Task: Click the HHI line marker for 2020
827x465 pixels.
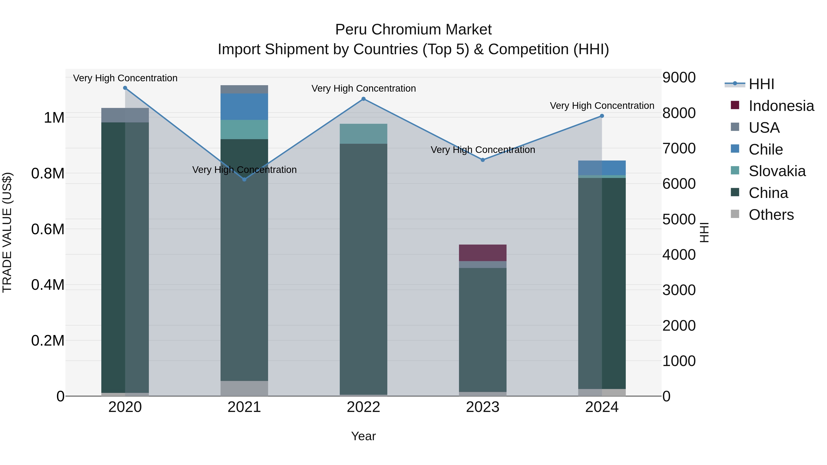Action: point(125,88)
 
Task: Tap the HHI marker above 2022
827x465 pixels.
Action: point(363,99)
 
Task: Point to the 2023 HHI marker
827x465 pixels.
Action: point(482,160)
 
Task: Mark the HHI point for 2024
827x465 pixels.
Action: point(602,116)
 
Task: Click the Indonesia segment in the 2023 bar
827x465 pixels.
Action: point(482,253)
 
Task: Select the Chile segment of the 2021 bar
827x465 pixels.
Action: point(244,107)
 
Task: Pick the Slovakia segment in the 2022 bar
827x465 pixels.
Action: point(363,134)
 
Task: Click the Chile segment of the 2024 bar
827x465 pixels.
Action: point(602,168)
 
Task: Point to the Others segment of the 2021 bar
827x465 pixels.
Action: point(244,388)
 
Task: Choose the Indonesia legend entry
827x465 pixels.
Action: point(781,106)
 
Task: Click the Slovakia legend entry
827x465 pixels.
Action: point(777,171)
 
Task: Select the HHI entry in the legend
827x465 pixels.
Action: point(761,84)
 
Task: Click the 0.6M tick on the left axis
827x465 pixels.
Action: point(48,229)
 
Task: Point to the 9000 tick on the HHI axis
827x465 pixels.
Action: point(679,78)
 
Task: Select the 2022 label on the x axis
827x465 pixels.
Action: point(363,407)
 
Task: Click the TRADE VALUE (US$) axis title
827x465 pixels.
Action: point(7,232)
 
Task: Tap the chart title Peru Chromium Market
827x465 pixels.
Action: point(413,30)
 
